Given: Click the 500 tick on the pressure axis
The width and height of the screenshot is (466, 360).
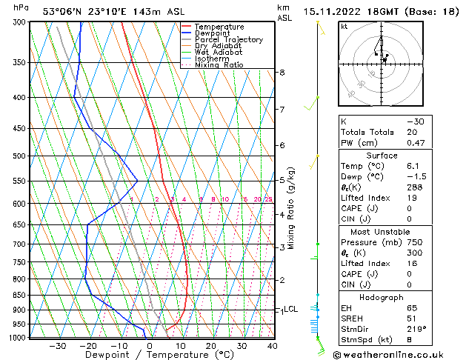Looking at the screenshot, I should point(18,156).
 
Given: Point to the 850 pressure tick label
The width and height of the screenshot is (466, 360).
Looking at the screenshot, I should point(18,295).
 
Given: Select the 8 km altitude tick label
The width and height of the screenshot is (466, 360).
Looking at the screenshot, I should point(282,73).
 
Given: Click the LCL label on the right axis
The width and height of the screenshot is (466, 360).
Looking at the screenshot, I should point(290,309).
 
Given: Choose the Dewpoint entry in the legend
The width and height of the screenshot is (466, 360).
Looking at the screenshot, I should point(213,33).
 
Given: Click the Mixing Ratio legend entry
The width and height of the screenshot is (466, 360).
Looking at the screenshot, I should point(219,65).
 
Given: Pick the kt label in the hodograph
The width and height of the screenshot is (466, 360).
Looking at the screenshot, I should point(344,26).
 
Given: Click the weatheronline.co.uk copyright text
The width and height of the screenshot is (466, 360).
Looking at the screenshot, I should point(397,354).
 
